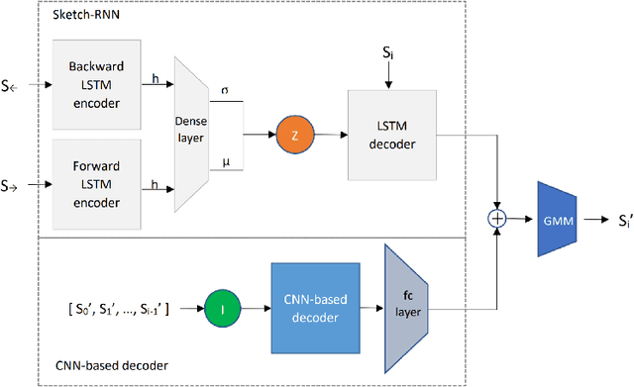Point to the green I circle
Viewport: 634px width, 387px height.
(224, 309)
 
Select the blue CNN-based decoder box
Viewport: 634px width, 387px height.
(314, 309)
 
